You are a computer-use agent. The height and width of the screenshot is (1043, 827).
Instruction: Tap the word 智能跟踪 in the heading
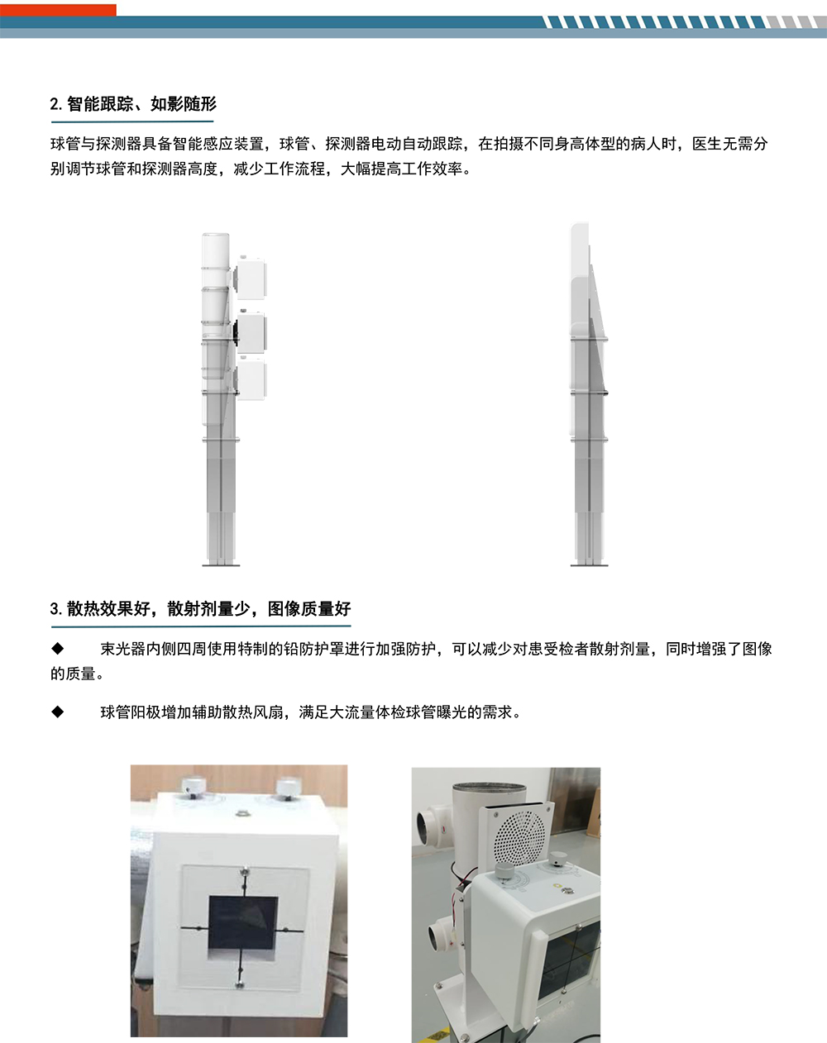(x=99, y=103)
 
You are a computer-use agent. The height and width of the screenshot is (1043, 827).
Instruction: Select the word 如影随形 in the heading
(x=184, y=103)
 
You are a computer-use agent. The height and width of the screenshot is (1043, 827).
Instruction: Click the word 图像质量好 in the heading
(x=309, y=609)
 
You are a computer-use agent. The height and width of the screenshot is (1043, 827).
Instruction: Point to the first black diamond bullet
(x=58, y=648)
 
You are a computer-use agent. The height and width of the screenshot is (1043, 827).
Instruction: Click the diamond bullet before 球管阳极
(x=58, y=712)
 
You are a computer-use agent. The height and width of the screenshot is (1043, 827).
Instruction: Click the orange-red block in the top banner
(x=58, y=10)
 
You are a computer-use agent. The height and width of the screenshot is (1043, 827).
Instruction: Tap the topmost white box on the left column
(x=251, y=279)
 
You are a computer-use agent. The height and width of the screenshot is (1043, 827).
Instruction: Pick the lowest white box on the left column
(x=251, y=379)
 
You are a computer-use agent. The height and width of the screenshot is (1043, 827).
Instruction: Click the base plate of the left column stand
(x=221, y=564)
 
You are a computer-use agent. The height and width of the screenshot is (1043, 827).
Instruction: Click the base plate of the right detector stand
(x=589, y=564)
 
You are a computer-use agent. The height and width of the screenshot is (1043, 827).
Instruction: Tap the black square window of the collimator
(x=243, y=923)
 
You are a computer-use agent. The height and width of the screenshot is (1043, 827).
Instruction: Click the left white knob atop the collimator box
(x=194, y=785)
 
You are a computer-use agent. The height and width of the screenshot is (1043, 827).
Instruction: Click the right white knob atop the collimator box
(x=288, y=785)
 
